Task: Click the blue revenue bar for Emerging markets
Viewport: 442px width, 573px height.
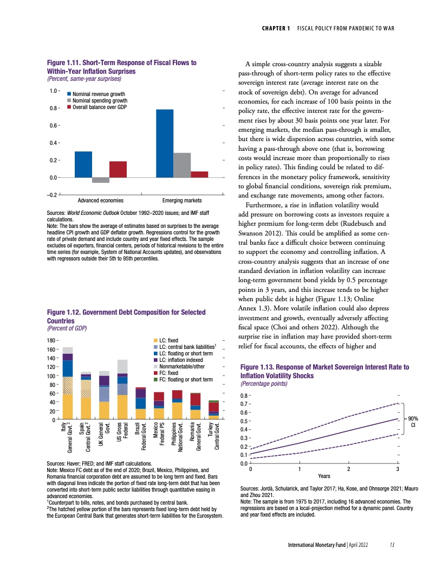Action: (x=165, y=143)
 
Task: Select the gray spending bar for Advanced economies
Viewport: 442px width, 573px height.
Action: (x=100, y=180)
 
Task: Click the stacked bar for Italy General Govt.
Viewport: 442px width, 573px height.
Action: (x=68, y=383)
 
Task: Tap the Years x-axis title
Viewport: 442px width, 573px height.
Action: (x=324, y=476)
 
